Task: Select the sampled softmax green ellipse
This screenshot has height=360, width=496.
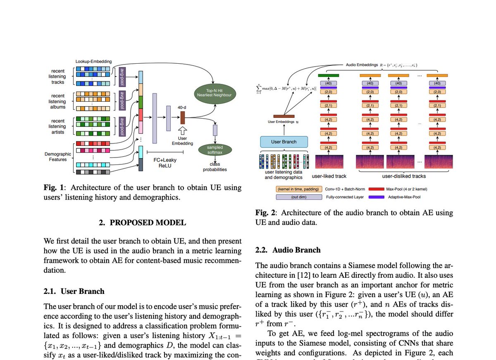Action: tap(215, 150)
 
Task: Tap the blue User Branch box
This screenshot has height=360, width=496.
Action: tap(284, 142)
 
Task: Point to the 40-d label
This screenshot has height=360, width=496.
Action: tap(182, 107)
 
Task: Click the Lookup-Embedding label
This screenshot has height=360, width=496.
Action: tap(93, 62)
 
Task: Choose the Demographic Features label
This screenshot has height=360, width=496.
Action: tap(58, 157)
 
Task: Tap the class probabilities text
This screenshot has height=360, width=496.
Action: tap(215, 167)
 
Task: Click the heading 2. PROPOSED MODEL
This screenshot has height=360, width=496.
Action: tap(142, 223)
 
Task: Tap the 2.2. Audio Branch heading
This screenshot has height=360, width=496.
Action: tap(288, 250)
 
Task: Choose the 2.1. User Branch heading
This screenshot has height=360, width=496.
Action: tap(74, 291)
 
